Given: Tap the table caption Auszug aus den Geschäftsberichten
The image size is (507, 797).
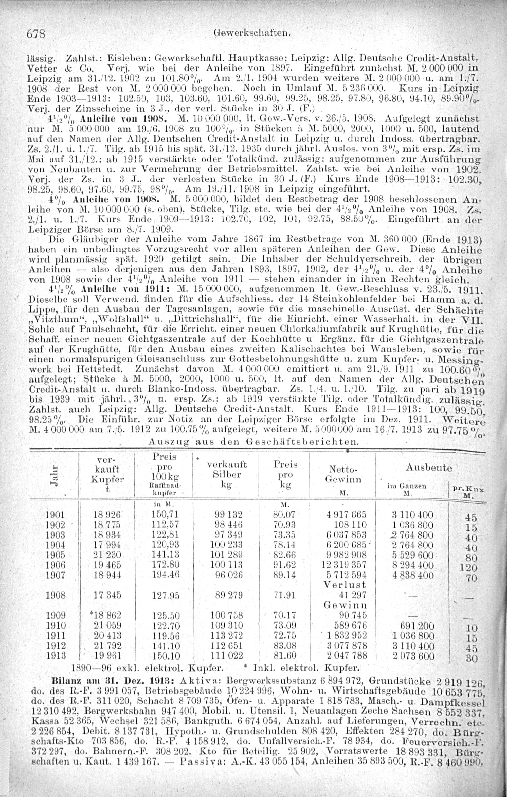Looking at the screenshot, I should click(253, 442).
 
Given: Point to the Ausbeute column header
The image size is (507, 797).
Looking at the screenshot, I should click(429, 468).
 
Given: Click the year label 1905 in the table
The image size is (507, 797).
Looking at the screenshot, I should click(56, 555).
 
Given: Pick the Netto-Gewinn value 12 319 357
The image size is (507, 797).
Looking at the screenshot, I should click(344, 565).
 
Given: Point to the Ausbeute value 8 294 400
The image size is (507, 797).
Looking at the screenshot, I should click(413, 565).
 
